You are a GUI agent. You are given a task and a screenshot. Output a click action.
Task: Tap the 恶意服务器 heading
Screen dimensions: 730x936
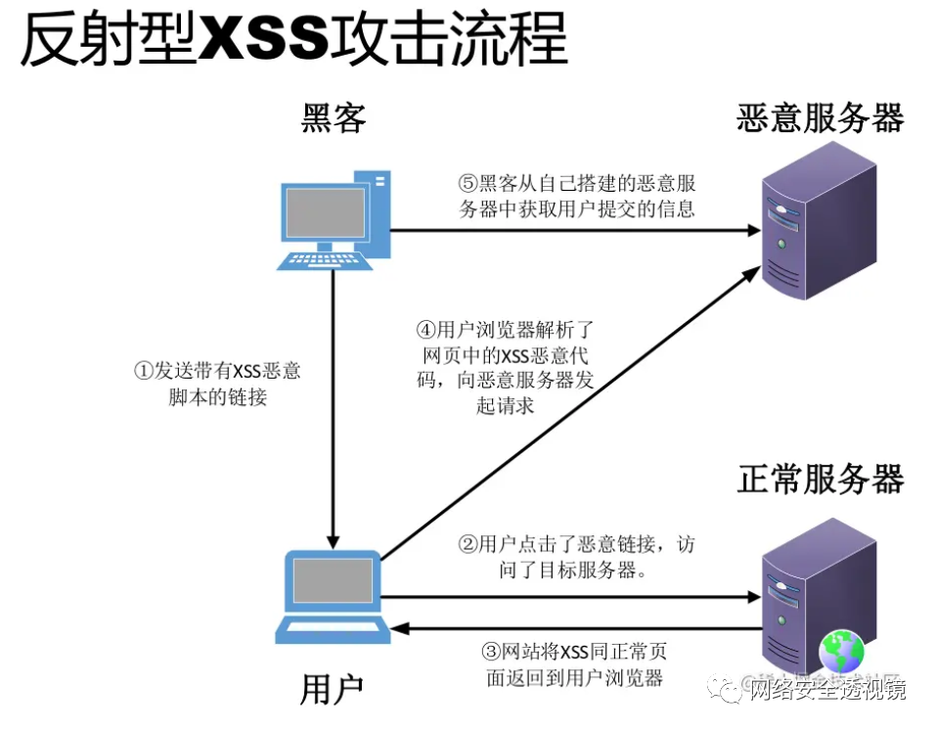[820, 118]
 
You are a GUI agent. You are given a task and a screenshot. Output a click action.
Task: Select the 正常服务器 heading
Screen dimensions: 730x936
[820, 479]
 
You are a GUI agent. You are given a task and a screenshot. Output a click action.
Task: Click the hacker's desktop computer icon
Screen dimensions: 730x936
[333, 218]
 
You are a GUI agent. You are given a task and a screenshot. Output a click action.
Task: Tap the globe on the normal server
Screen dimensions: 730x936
[843, 648]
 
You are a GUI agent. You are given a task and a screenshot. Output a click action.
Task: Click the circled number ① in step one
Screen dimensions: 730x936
[143, 372]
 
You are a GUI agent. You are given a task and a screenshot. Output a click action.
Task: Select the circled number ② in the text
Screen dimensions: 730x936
[468, 544]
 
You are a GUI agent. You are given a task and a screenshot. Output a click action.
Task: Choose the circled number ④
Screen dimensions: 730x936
[425, 331]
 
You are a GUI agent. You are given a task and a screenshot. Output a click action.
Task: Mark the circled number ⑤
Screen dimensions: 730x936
[468, 183]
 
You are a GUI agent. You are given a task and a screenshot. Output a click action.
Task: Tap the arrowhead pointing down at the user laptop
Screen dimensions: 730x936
[334, 541]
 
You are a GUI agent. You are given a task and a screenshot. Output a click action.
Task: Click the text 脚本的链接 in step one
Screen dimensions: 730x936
[217, 397]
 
